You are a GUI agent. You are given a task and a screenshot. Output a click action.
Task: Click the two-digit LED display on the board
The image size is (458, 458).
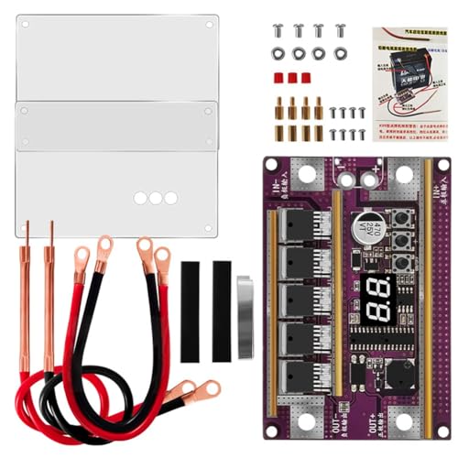coord(376,298)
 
